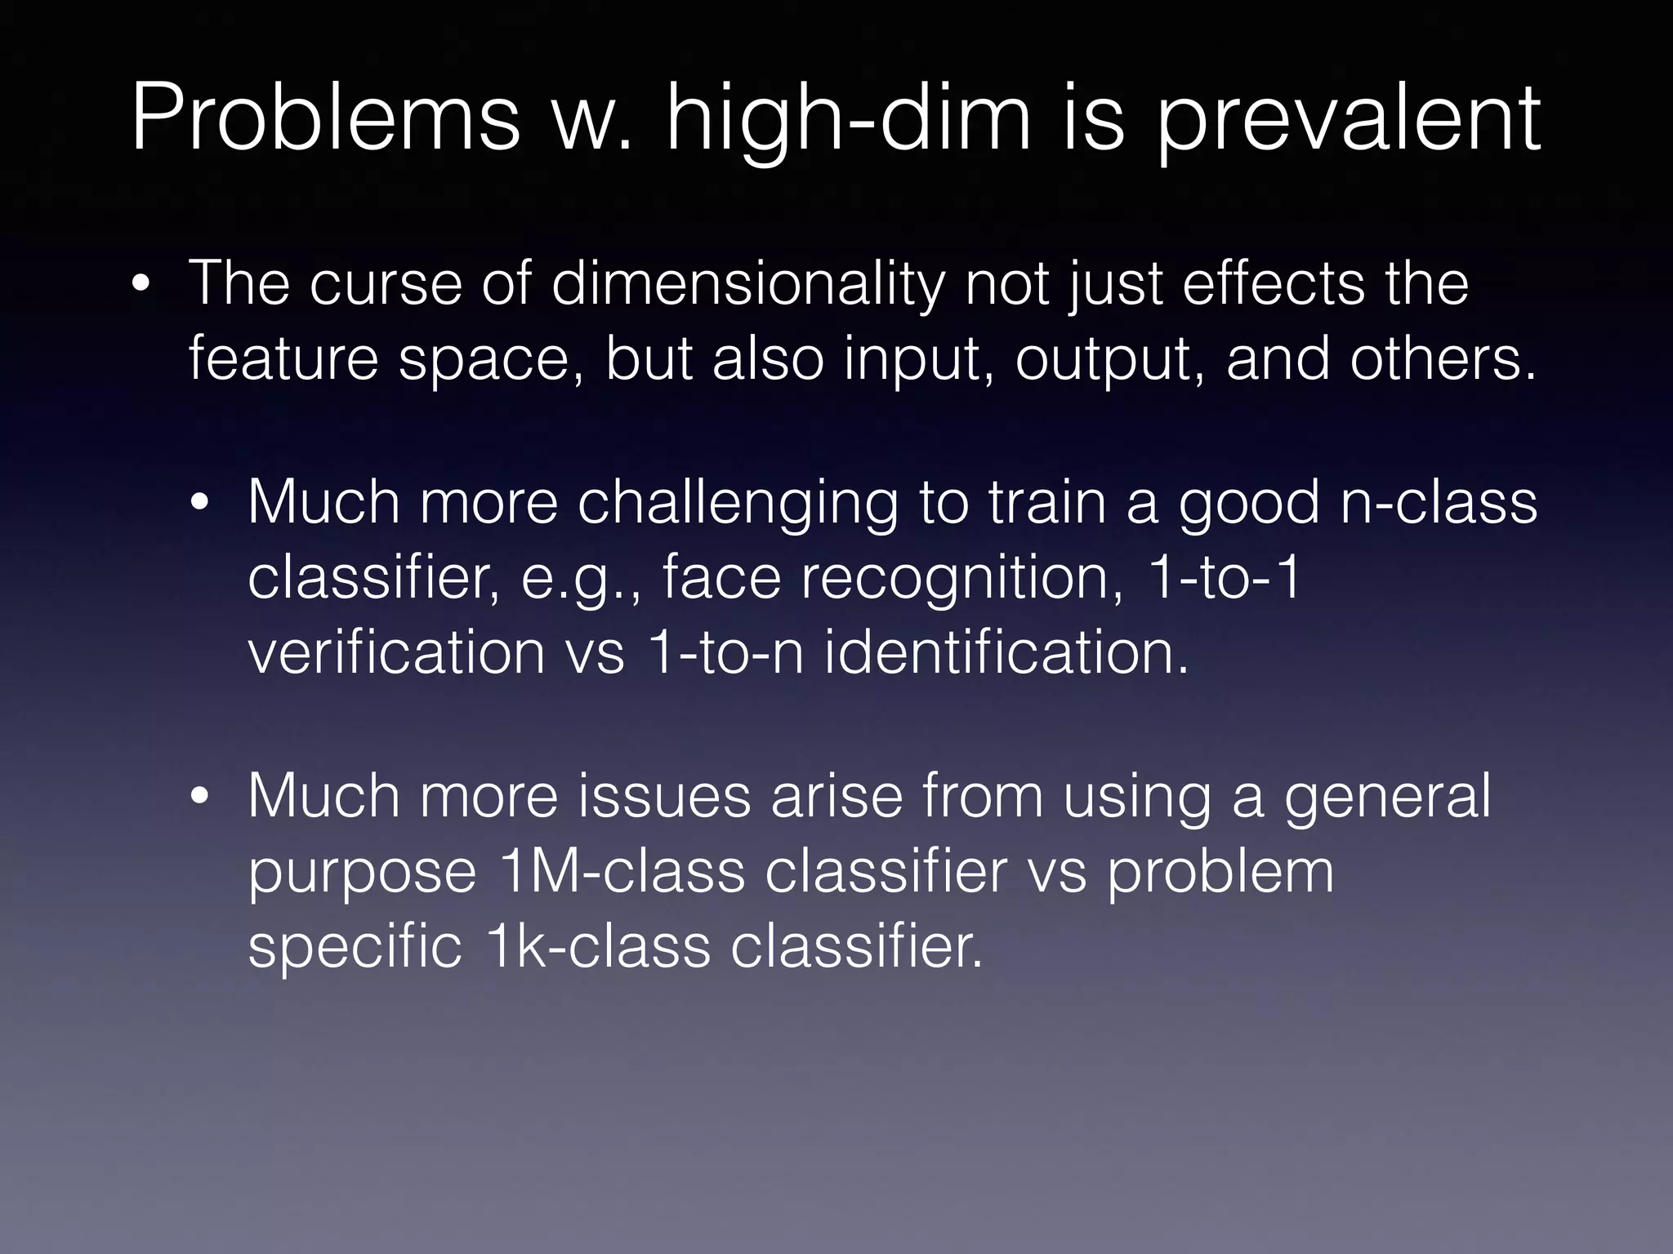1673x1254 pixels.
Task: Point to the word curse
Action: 384,283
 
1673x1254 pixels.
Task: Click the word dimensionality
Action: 747,283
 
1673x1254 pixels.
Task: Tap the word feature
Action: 283,358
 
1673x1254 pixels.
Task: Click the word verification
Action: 396,652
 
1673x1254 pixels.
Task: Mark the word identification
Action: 1006,652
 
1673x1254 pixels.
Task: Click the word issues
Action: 664,796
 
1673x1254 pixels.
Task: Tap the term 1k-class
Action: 597,946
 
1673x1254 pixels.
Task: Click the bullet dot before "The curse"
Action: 141,286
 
